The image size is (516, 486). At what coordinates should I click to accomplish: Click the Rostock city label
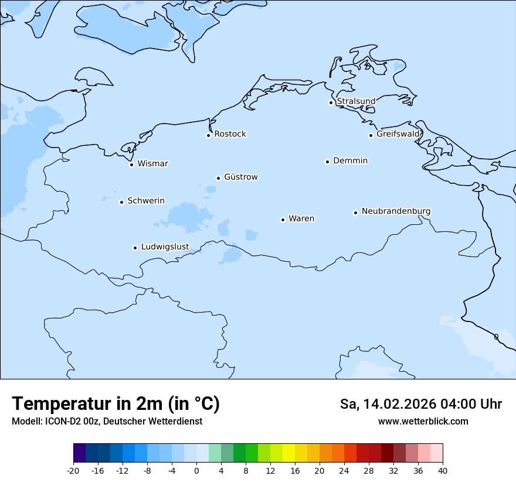230,134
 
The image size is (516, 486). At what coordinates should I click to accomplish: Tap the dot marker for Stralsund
331,102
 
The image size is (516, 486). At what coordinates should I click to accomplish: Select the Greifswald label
398,134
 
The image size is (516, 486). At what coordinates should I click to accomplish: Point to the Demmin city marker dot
327,162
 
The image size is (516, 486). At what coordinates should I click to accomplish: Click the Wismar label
152,164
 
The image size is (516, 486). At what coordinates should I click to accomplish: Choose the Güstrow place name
240,177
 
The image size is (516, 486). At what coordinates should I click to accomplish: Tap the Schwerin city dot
121,202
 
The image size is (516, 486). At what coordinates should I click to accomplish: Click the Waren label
301,219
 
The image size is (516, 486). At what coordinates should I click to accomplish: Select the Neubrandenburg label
396,211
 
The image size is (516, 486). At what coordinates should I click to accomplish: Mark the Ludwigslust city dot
135,248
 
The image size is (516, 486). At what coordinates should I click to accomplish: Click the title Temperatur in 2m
116,404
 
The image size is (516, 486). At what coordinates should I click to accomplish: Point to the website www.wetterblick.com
423,421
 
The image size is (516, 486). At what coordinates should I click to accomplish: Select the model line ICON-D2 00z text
107,421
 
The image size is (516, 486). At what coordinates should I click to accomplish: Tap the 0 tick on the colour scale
196,470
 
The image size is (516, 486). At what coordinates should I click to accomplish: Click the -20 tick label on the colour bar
73,470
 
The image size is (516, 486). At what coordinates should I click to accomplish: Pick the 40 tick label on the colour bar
443,470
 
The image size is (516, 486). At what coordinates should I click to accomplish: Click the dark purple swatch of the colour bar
79,453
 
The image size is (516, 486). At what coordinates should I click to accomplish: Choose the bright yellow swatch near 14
288,453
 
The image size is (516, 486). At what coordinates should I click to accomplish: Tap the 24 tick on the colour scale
344,470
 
